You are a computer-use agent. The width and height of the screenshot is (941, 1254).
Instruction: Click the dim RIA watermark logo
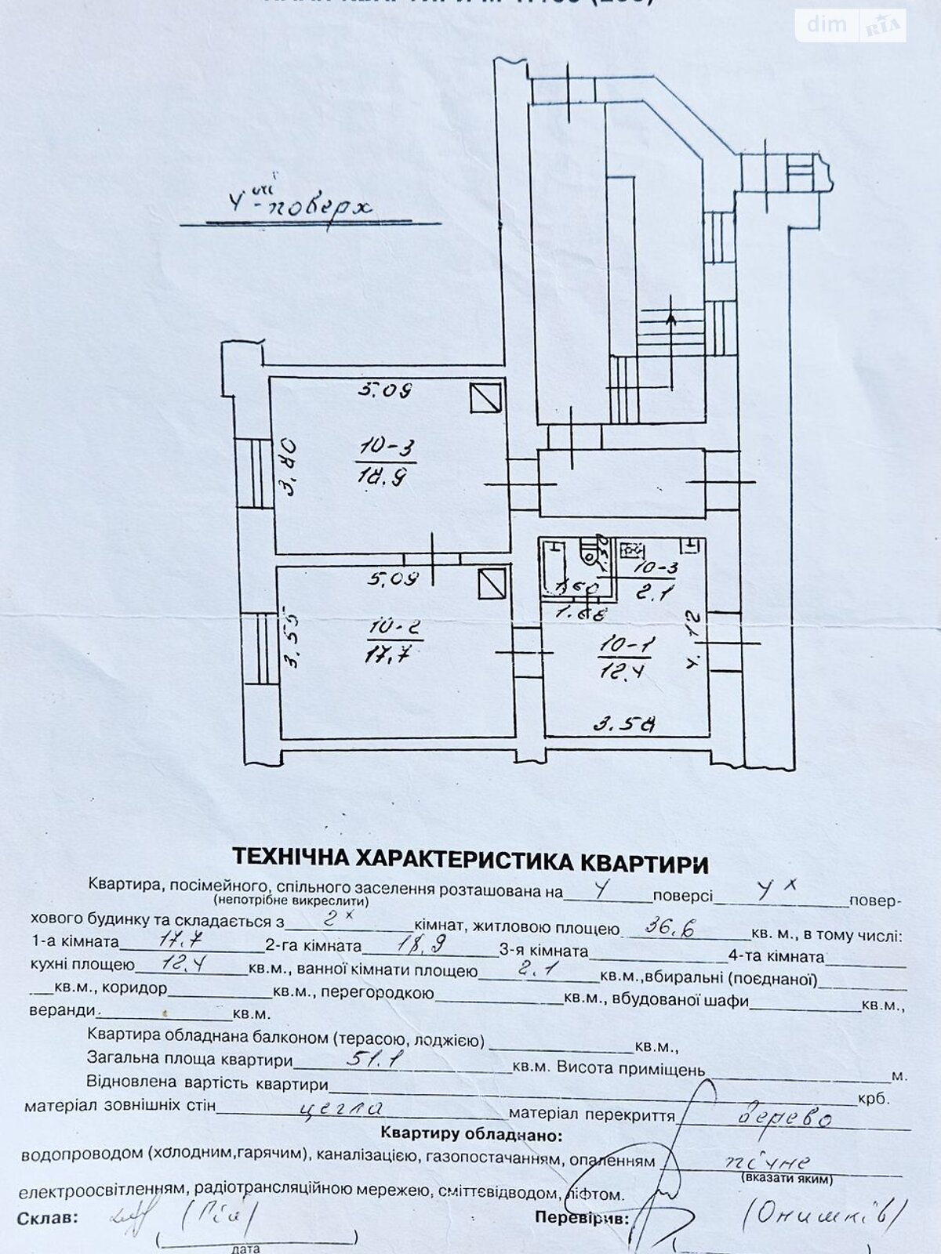click(x=851, y=26)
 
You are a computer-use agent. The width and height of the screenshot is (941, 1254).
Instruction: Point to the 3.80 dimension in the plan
click(x=288, y=467)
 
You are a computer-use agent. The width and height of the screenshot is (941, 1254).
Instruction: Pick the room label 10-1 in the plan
click(x=627, y=644)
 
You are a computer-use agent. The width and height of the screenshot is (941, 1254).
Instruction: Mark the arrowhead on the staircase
click(x=670, y=317)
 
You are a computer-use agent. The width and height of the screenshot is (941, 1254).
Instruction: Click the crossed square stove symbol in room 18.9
click(x=486, y=397)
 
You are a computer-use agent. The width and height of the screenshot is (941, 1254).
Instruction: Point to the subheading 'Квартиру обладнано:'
click(x=470, y=1134)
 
